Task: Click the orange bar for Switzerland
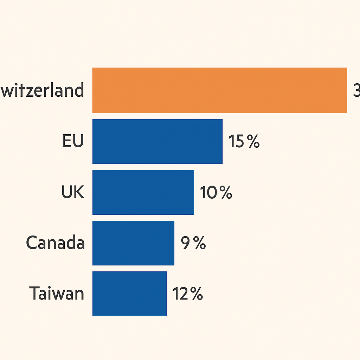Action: tap(219, 90)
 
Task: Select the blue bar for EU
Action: tap(157, 141)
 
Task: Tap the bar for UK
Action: tap(143, 192)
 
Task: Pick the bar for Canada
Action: tap(133, 243)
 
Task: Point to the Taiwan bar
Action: tap(129, 294)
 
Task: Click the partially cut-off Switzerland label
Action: tap(42, 90)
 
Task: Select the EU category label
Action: tap(73, 141)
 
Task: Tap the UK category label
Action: tap(72, 192)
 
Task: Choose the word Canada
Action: tap(56, 243)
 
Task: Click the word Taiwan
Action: tap(57, 294)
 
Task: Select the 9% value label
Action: tap(193, 243)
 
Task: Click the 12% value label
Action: tap(187, 294)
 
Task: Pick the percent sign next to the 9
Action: tap(199, 243)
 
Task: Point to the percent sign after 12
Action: tap(196, 294)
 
